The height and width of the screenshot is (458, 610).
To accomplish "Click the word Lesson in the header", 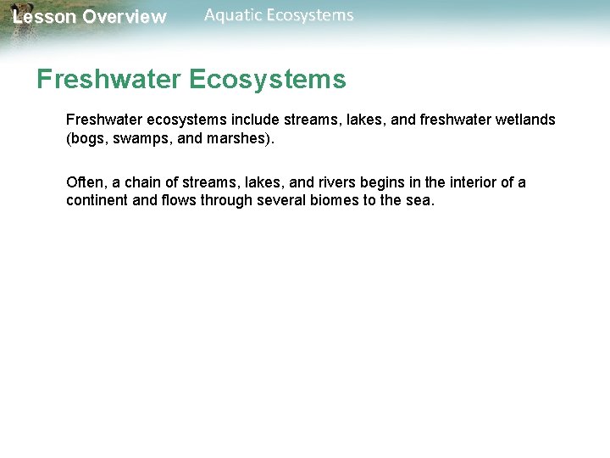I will coord(44,17).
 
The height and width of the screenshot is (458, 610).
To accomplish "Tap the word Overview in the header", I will coord(125,17).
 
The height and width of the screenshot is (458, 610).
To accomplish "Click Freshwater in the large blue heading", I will coord(108,80).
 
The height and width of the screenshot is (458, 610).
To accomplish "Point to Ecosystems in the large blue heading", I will coord(268,80).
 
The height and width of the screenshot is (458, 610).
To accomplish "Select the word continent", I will coord(97,202).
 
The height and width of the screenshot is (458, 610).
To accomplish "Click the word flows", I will coord(180,202).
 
